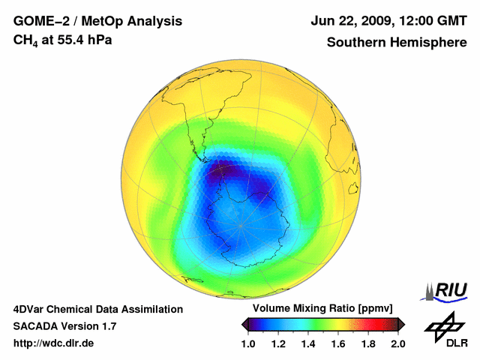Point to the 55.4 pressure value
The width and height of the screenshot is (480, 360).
[x=75, y=40]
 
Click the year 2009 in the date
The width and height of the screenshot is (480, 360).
[x=369, y=21]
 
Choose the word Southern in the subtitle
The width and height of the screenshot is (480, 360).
[x=357, y=42]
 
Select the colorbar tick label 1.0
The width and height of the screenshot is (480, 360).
[x=250, y=343]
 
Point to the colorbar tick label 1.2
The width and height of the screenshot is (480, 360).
[x=280, y=343]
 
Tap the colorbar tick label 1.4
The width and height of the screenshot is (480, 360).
[x=309, y=343]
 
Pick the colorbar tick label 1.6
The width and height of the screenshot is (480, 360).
[x=339, y=343]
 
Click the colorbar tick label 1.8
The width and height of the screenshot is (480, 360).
[x=368, y=343]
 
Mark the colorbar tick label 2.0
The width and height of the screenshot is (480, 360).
[x=397, y=343]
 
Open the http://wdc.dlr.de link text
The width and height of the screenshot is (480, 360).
[x=54, y=343]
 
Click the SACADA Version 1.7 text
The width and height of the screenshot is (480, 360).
[x=64, y=326]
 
